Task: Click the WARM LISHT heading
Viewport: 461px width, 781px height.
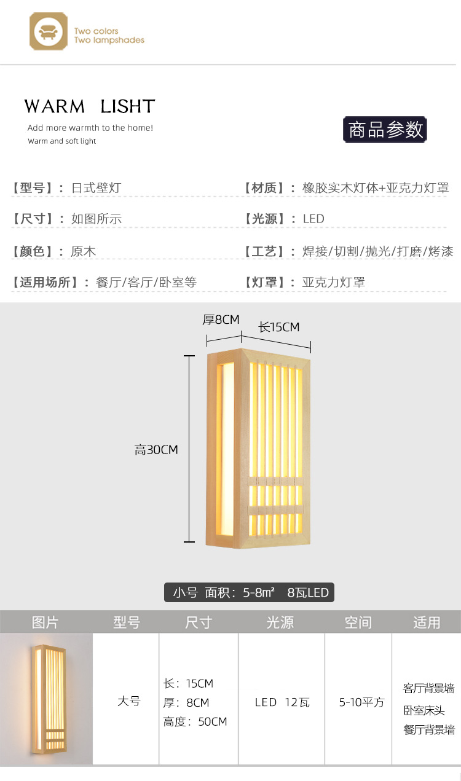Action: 90,106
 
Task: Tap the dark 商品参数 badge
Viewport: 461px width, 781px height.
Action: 385,130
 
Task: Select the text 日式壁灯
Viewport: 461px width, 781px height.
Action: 96,188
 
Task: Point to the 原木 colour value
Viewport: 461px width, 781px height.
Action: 84,251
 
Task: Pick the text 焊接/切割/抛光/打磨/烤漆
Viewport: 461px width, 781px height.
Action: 378,251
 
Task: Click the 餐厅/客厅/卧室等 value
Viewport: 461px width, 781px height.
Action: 146,283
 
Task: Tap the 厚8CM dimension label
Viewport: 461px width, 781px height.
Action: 221,320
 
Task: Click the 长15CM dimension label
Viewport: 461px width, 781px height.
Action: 278,327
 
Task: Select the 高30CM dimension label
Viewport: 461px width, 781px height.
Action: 156,450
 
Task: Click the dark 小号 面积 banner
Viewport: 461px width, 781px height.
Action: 250,593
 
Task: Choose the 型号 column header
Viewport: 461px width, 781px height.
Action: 127,622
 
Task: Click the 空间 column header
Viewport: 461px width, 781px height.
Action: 358,622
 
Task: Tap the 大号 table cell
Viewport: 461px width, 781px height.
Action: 128,701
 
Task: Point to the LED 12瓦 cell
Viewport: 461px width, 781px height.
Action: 282,702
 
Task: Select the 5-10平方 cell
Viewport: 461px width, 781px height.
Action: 361,702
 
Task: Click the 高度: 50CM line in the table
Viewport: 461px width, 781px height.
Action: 195,721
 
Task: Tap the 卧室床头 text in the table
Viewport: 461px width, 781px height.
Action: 424,710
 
